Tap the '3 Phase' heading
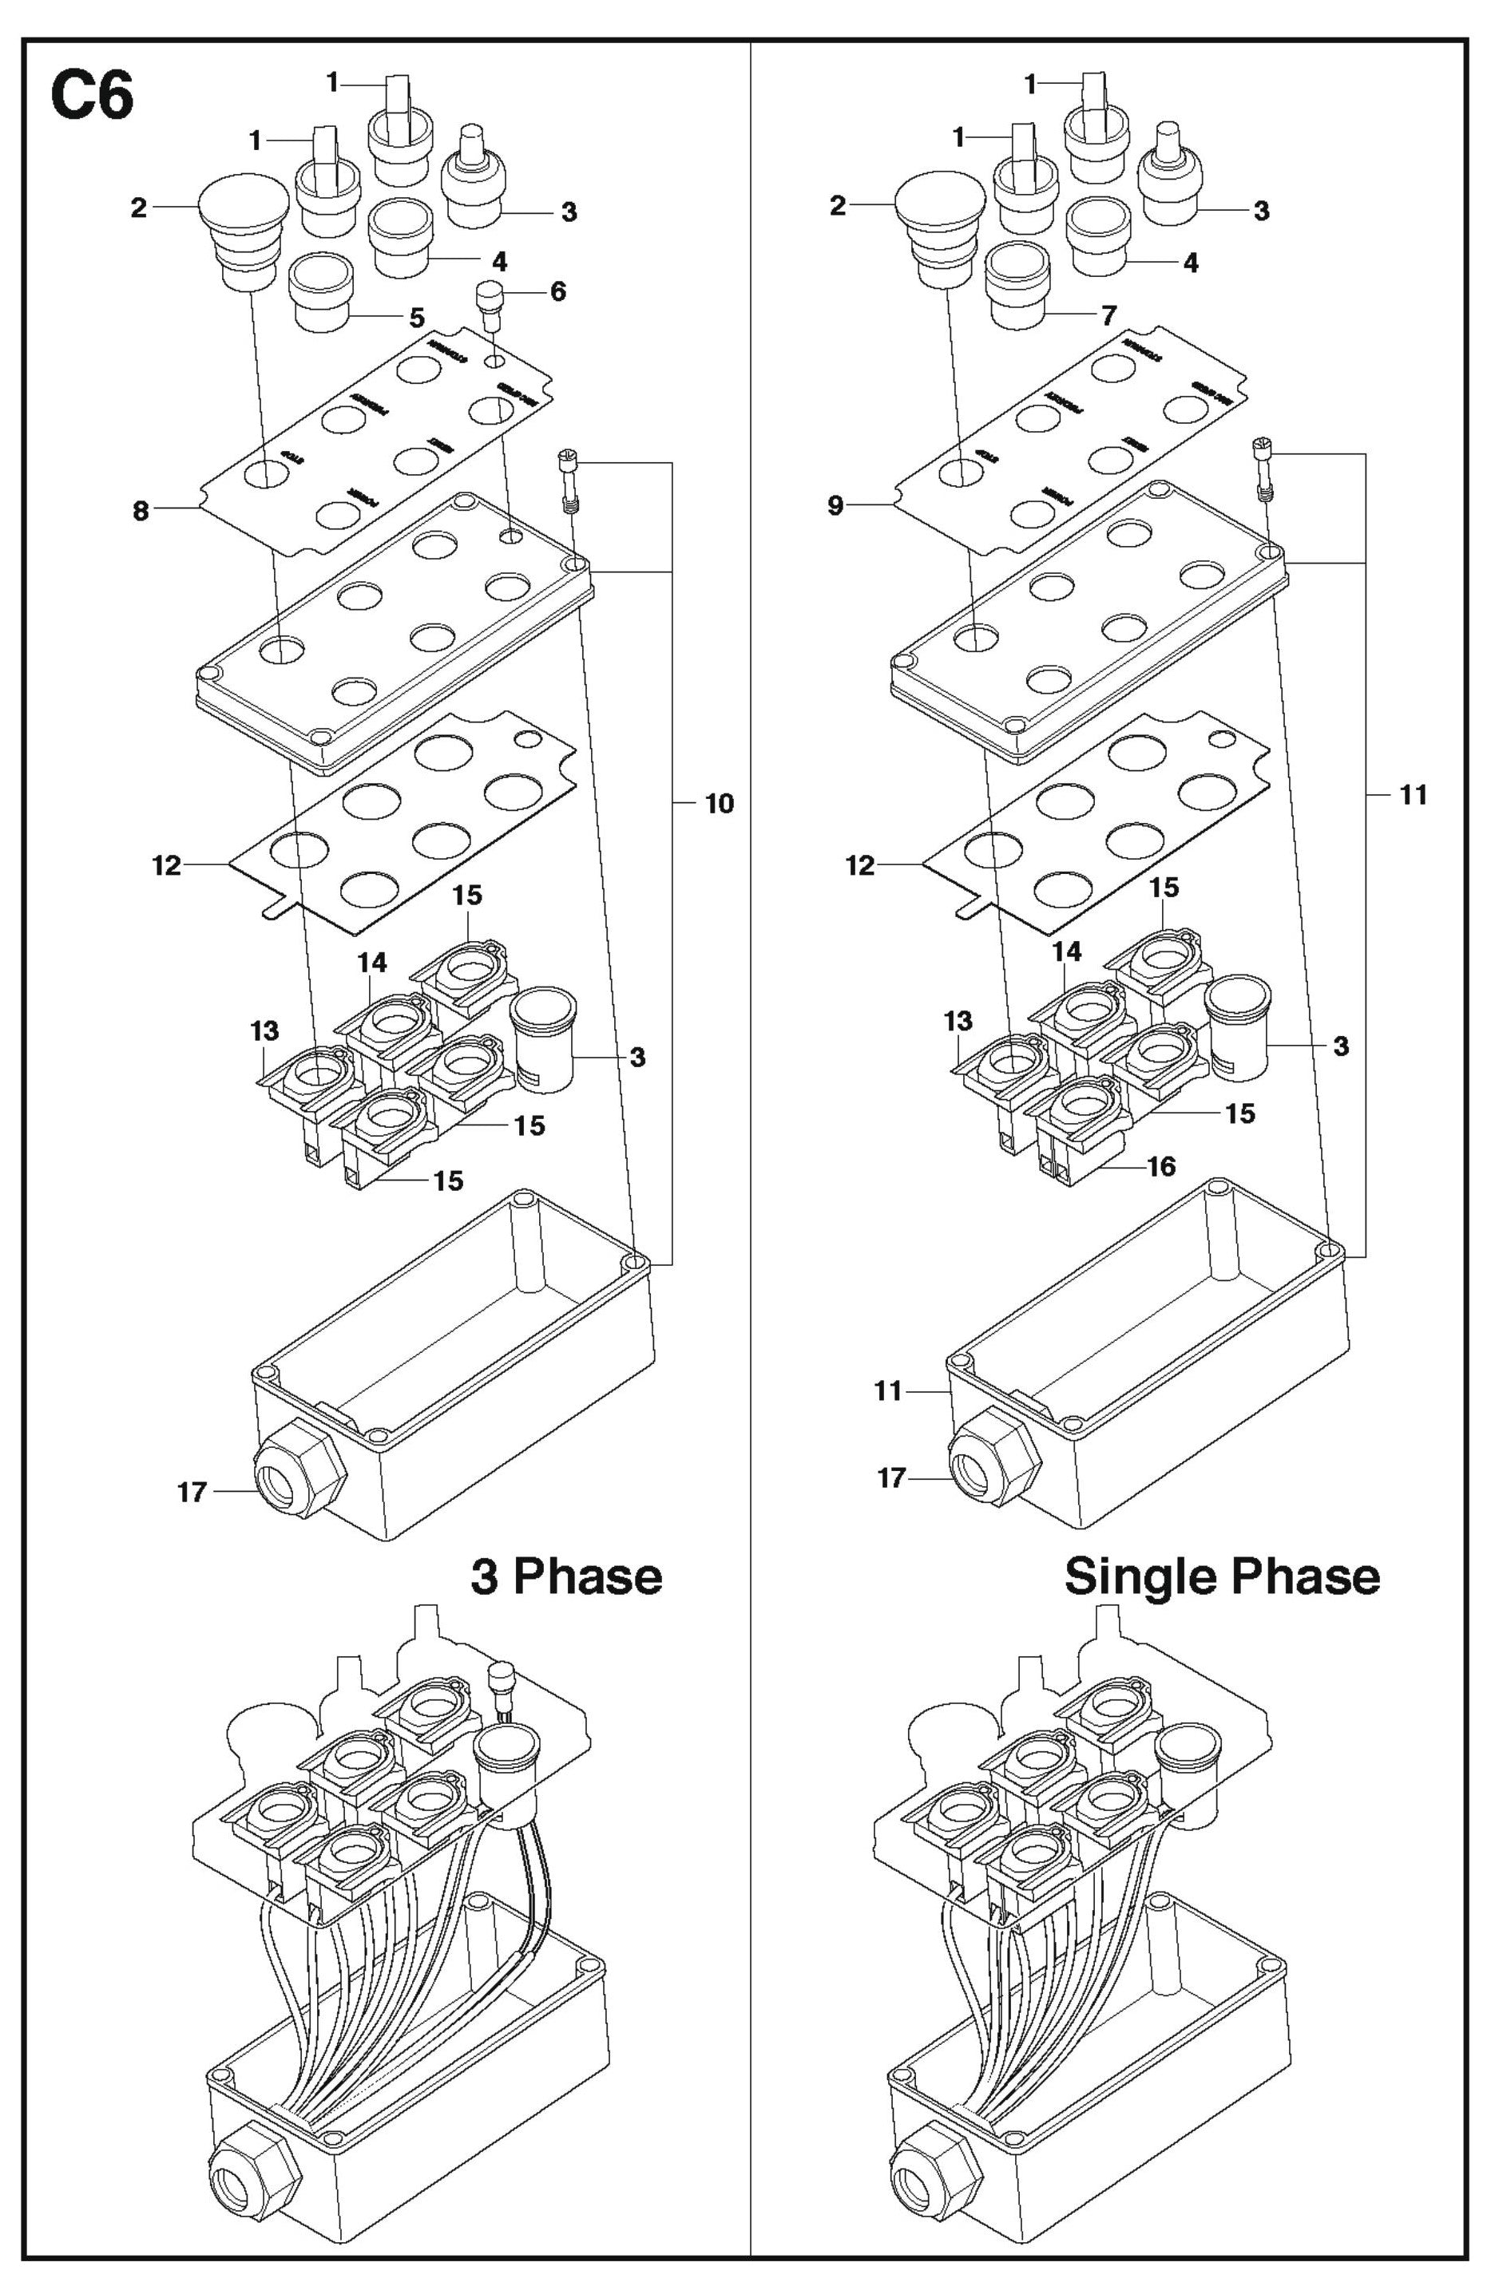tap(566, 1576)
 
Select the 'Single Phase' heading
tap(1222, 1576)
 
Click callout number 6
tap(557, 291)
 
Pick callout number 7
tap(1108, 314)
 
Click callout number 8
tap(141, 511)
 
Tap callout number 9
tap(835, 505)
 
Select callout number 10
tap(720, 804)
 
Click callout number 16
tap(1161, 1167)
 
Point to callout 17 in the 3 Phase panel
tap(192, 1492)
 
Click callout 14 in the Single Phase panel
tap(1065, 951)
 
